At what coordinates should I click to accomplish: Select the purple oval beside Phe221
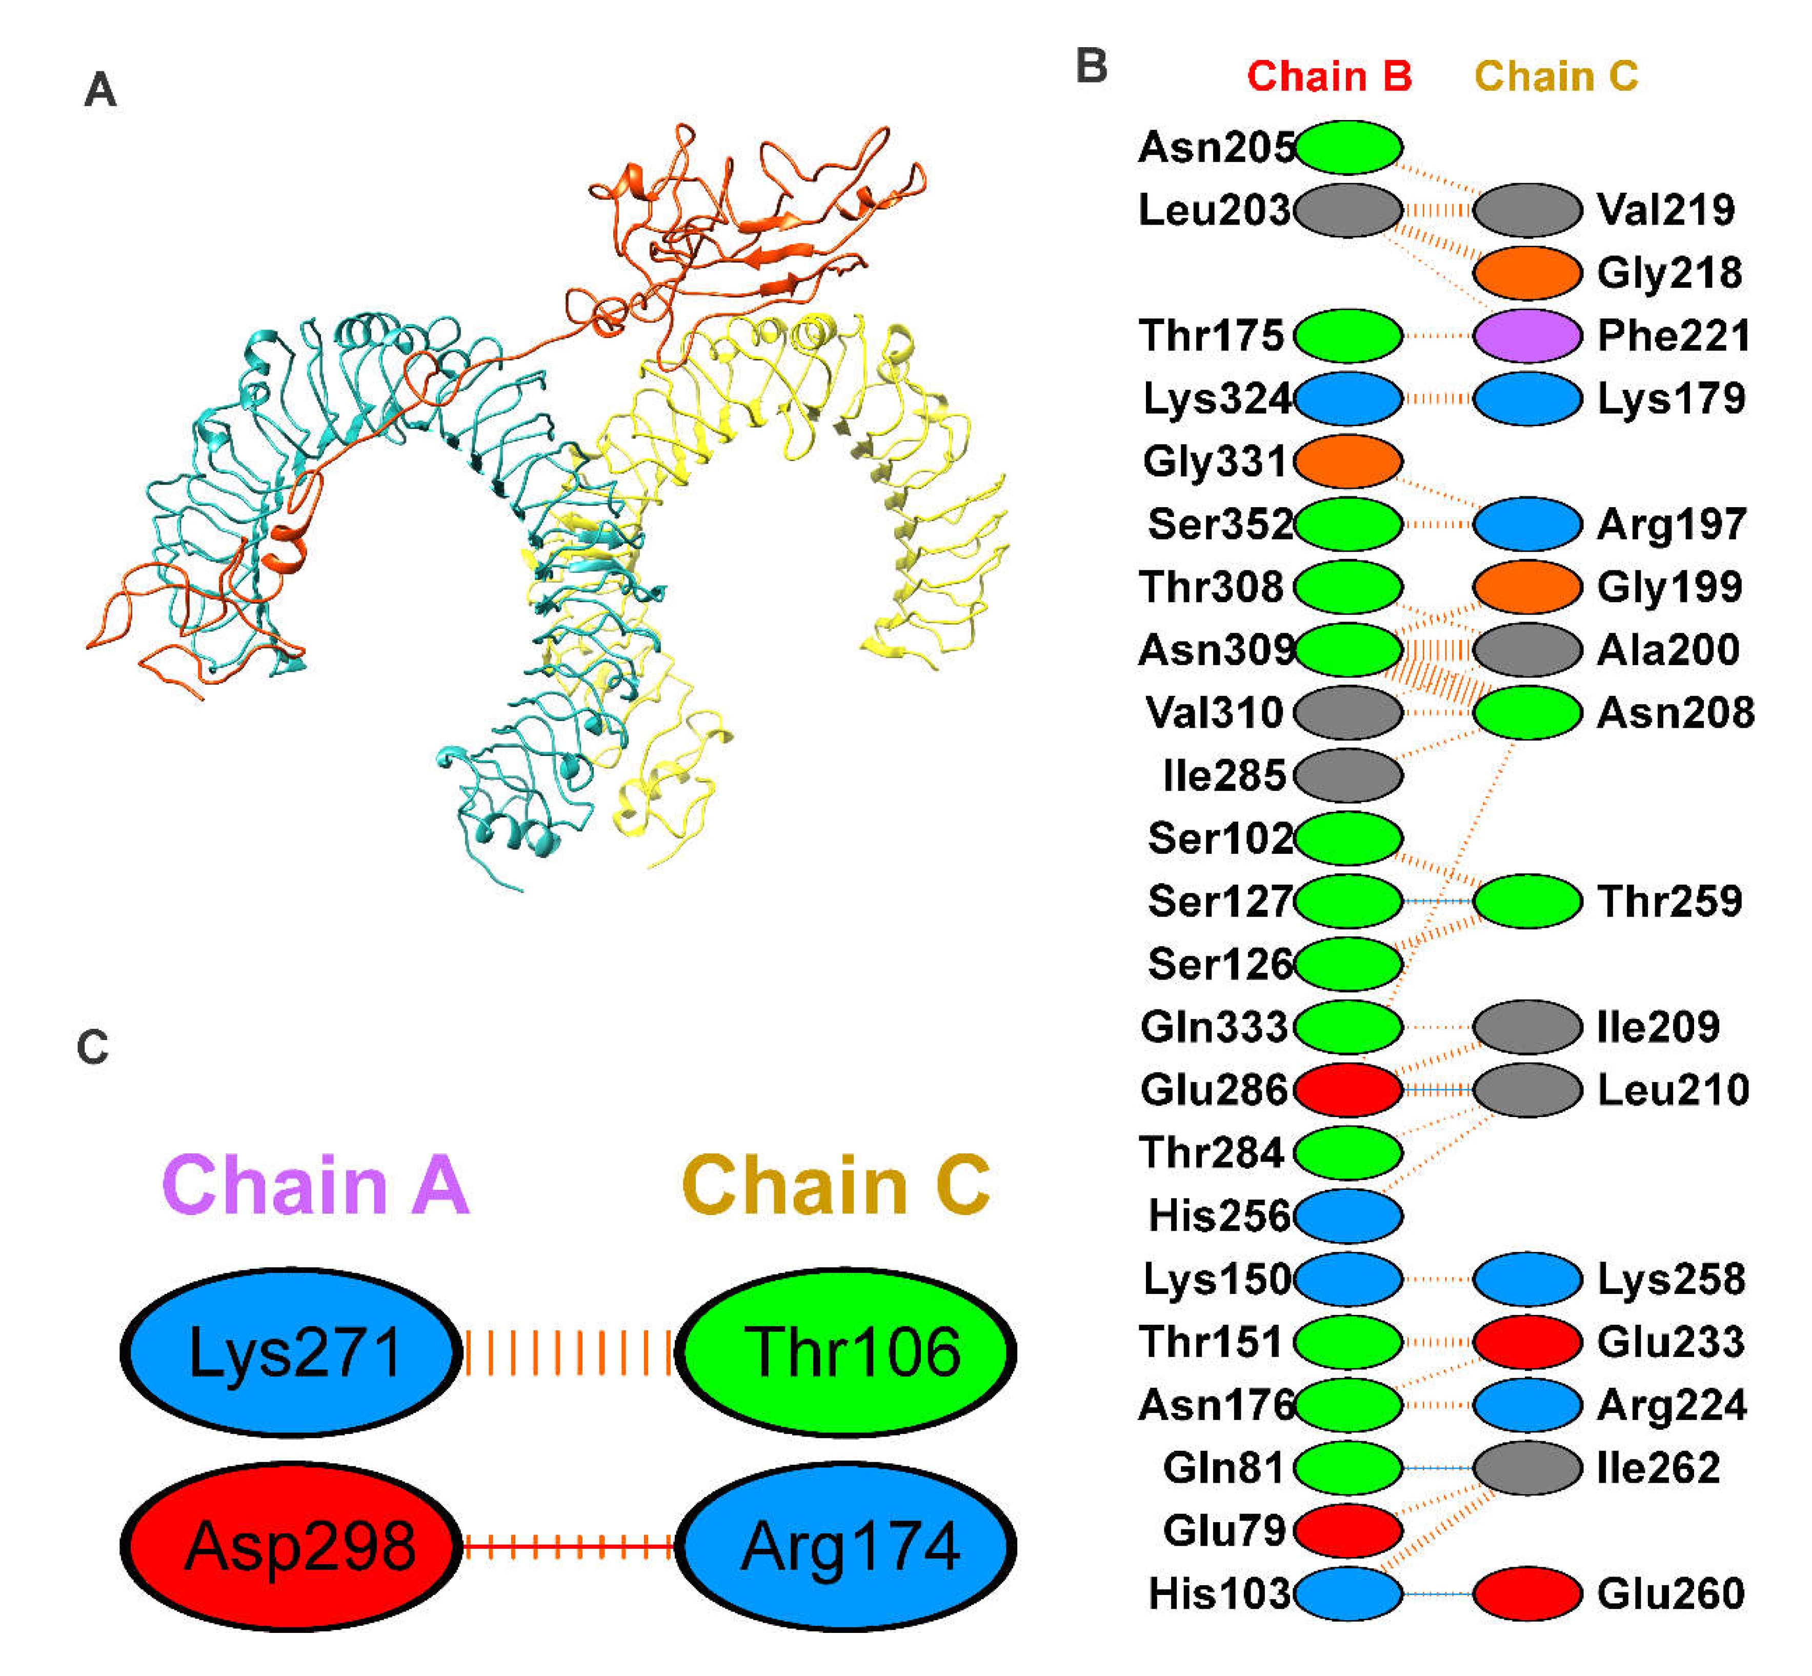[1527, 335]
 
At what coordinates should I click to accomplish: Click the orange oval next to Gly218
[1527, 272]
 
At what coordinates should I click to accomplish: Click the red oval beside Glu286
[1347, 1089]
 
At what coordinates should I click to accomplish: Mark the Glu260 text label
[1670, 1593]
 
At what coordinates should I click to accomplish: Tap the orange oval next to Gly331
[1347, 461]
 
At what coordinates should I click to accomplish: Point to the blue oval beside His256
[1347, 1215]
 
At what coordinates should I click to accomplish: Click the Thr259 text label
[1669, 901]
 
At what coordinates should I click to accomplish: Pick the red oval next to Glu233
[1527, 1341]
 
